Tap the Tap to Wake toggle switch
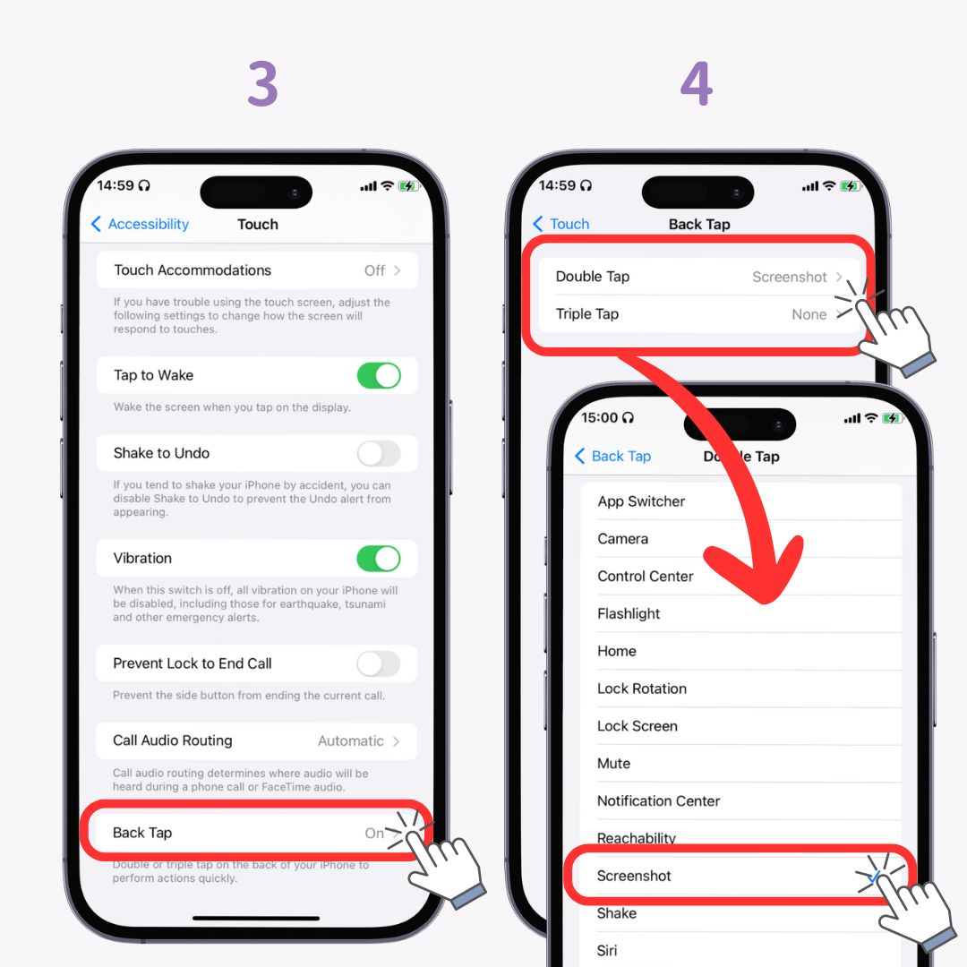click(378, 376)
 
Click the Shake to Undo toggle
click(378, 454)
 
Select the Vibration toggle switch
click(378, 559)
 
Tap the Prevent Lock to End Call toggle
click(378, 663)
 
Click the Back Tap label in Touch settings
click(142, 833)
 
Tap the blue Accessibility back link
click(140, 224)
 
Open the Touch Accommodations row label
click(193, 270)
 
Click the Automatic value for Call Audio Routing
click(350, 741)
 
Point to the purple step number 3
click(262, 86)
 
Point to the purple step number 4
click(697, 86)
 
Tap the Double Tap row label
click(592, 277)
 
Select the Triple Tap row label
click(586, 314)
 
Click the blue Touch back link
click(561, 224)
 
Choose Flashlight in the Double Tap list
click(629, 614)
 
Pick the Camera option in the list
click(622, 539)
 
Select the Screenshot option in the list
click(634, 876)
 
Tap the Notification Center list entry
click(658, 801)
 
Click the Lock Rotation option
click(642, 689)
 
